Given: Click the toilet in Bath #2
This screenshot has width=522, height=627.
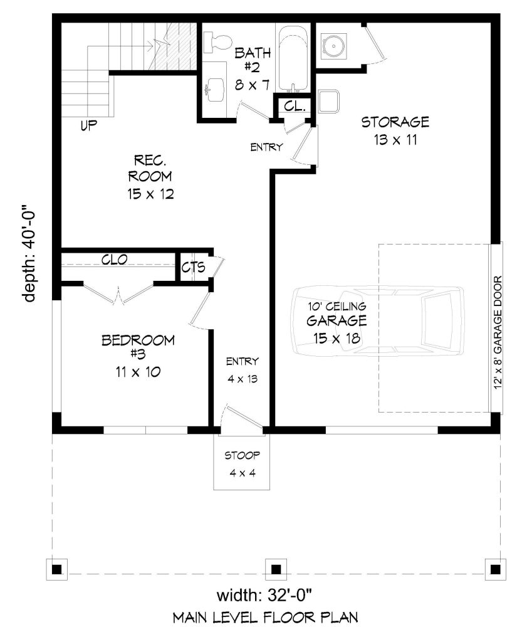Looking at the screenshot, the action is (217, 42).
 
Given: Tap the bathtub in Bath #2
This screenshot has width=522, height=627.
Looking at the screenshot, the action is (293, 58).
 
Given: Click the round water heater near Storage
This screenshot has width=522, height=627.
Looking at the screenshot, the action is (333, 46).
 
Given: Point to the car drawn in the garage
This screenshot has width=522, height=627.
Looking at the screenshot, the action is (378, 320).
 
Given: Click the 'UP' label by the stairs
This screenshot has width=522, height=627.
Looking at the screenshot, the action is (89, 125).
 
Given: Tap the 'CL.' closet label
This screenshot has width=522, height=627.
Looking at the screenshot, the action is (295, 107).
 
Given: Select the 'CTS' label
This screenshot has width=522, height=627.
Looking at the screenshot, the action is (193, 266).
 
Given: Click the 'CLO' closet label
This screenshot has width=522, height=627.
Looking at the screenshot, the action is (114, 260).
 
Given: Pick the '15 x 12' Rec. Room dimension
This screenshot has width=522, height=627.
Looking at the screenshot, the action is (150, 194).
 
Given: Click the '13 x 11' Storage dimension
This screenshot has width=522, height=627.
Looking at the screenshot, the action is (395, 140).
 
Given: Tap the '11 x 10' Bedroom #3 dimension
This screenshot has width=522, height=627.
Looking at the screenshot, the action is (138, 372).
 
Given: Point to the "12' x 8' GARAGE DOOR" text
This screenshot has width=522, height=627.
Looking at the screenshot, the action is (497, 332).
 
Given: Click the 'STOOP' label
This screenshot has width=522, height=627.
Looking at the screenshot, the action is (243, 455).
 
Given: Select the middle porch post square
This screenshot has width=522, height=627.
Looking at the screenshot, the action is (276, 569).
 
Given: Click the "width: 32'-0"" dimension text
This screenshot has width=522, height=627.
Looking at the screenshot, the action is (264, 595).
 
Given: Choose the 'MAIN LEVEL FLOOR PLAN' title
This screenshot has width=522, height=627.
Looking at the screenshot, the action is (266, 618).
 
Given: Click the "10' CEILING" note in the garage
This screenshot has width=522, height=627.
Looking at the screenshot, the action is (337, 307).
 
